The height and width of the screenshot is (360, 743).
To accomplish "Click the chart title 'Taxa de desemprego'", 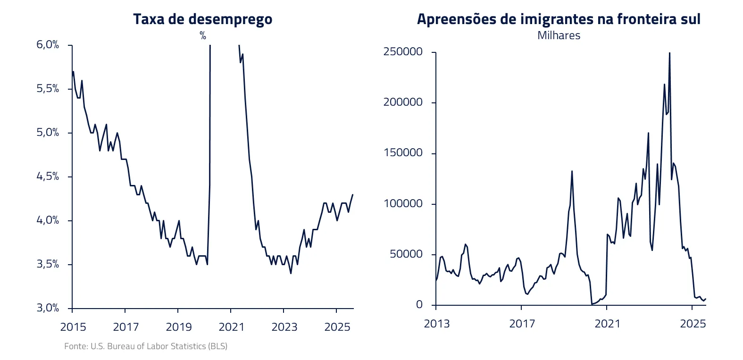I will (x=202, y=19).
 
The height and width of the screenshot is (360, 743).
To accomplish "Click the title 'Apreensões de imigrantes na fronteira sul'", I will (x=559, y=19).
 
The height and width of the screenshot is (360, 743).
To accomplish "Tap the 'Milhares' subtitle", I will (x=559, y=35).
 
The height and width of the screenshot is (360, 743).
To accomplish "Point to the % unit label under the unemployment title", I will (x=203, y=36).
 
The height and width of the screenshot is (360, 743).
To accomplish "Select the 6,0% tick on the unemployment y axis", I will (x=48, y=45).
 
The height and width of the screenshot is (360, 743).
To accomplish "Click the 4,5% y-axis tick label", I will (x=48, y=176).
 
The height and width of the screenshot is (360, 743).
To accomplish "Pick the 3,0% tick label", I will (x=48, y=308).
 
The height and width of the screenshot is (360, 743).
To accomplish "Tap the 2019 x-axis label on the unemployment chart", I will (x=179, y=327).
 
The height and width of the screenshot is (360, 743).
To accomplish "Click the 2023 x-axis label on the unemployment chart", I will (x=284, y=327).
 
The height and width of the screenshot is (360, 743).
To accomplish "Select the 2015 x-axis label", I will (x=73, y=327).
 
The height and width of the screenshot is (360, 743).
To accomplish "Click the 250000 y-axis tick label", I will (x=403, y=52).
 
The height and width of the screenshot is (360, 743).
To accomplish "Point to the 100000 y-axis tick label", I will (x=403, y=204).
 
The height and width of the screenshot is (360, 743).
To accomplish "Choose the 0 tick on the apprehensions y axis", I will (x=419, y=305).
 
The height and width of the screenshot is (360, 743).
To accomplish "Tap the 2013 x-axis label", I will (x=437, y=324).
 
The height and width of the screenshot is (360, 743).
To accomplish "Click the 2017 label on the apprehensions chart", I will (x=522, y=324).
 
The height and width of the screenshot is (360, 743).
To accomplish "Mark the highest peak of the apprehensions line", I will (x=670, y=53).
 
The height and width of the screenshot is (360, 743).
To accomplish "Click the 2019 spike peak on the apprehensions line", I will (x=572, y=171).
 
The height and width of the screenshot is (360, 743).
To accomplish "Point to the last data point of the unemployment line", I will (x=353, y=194).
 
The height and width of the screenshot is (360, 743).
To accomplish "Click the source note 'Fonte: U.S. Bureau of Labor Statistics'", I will (x=146, y=346).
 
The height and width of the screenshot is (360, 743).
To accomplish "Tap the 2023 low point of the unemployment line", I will (x=291, y=273).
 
